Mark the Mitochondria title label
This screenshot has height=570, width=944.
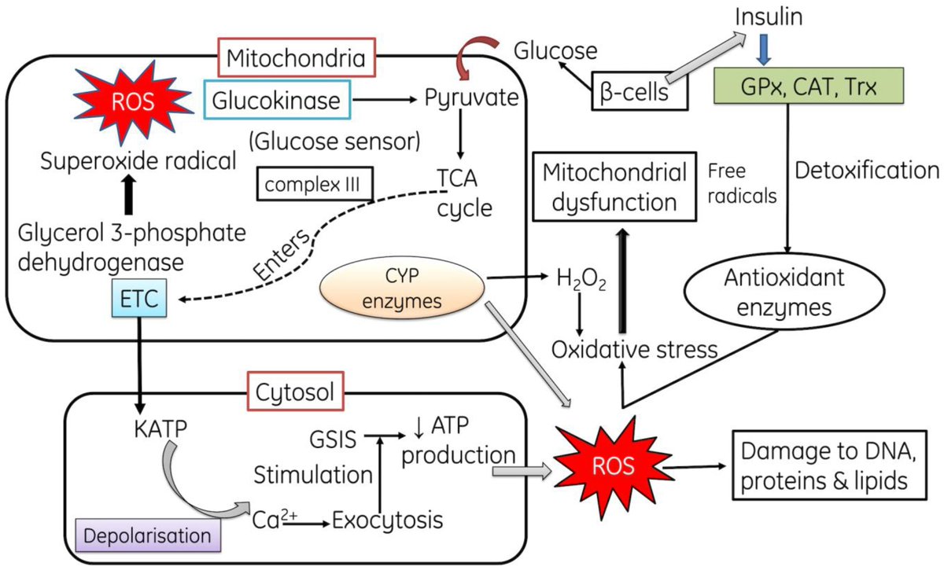point(295,57)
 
